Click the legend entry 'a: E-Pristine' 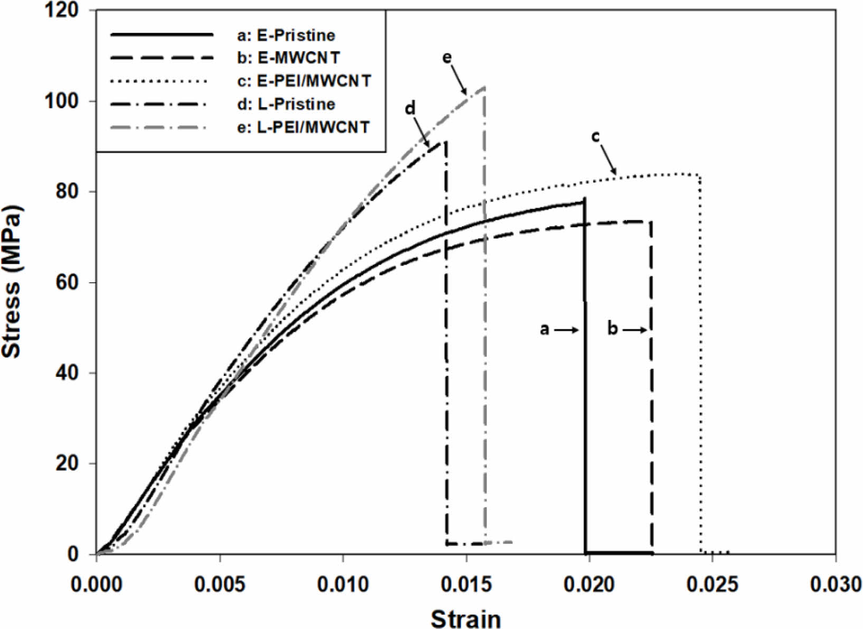point(286,35)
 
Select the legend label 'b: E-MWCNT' point(288,58)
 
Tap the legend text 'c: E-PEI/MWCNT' point(304,81)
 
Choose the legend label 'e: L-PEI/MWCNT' point(303,127)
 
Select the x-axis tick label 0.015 point(466,585)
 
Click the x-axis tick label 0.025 point(712,585)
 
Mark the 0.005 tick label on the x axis point(220,585)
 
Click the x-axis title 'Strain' point(465,617)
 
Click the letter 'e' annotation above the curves point(447,58)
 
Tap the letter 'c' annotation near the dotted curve point(595,136)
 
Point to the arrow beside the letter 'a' point(568,330)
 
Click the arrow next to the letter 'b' point(634,330)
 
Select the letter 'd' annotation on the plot point(410,108)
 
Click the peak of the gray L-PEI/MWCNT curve point(484,87)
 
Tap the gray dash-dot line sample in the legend point(162,127)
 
